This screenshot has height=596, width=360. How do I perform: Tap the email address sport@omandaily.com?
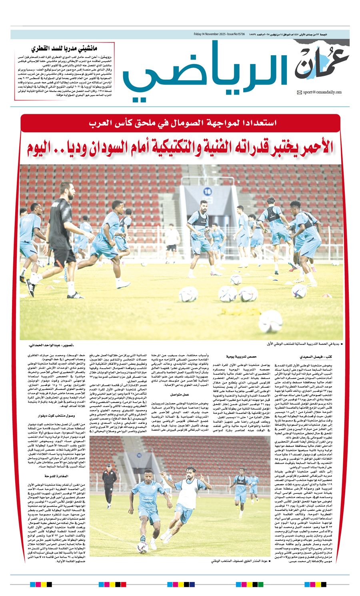(322, 92)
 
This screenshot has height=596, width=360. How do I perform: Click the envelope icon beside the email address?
(299, 92)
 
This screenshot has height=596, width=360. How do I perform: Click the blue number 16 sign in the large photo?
(207, 192)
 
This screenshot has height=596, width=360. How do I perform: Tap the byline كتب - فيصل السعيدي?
(313, 356)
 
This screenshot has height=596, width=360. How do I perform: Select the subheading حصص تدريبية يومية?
(242, 356)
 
